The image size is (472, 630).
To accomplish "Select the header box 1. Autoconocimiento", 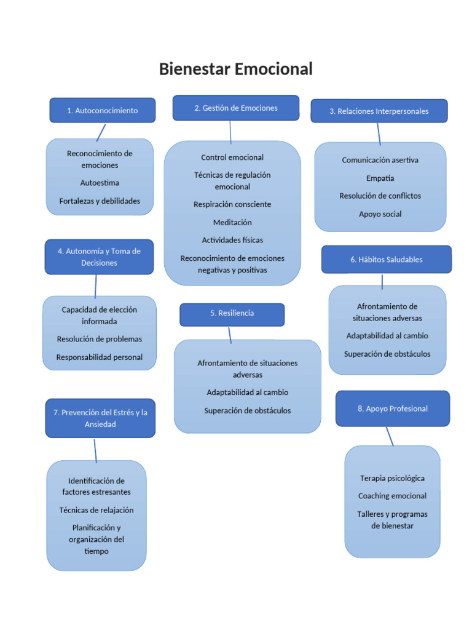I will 102,111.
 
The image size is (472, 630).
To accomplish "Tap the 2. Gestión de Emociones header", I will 236,108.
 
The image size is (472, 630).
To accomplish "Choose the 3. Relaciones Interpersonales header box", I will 379,111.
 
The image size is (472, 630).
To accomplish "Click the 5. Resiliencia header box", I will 232,314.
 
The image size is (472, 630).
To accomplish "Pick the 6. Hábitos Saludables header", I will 386,260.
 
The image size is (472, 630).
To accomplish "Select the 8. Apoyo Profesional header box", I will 392,409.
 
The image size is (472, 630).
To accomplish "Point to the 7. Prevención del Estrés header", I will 100,418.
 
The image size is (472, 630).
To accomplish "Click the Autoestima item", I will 100,183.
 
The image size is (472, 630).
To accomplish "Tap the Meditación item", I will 232,222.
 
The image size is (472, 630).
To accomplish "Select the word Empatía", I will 380,178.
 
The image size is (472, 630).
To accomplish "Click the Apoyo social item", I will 380,214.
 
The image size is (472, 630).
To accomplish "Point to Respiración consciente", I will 232,204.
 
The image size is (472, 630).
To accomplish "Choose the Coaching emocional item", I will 392,496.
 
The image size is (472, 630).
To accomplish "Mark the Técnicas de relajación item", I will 96,510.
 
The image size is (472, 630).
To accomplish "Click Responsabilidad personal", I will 99,357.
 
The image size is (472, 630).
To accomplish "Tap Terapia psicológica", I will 392,478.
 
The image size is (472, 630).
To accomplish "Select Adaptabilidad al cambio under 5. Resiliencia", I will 247,392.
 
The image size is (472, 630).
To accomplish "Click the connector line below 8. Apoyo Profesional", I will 390,436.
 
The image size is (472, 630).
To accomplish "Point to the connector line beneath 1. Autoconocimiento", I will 101,132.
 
